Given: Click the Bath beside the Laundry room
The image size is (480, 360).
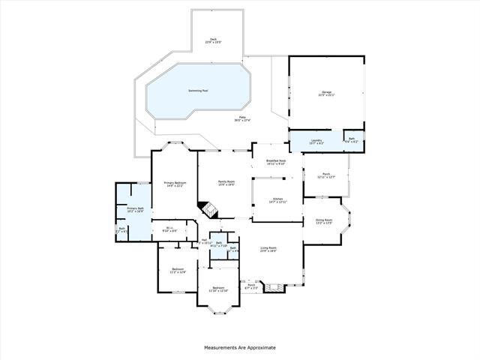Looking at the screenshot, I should click(351, 139).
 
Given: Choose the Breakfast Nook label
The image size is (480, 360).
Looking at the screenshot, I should click(277, 162).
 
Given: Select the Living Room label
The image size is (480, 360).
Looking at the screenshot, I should click(268, 249).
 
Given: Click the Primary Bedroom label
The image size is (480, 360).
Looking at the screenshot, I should click(175, 184).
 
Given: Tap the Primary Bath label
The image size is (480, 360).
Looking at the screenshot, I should click(134, 210).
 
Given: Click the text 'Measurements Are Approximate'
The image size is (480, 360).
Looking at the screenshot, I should click(240, 347).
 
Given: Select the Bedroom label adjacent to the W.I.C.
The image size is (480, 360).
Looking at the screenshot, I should click(177, 270).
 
